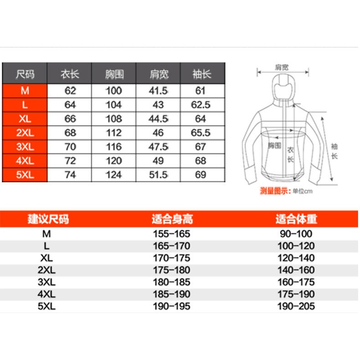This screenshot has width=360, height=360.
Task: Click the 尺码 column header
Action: [25, 74]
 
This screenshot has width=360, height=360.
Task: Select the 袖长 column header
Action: [202, 74]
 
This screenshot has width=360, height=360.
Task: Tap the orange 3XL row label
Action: [25, 147]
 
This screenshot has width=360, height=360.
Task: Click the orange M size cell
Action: [25, 91]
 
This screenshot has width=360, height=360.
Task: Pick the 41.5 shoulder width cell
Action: [159, 91]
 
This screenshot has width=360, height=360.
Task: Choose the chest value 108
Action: [113, 119]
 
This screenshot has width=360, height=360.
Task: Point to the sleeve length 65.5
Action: [201, 133]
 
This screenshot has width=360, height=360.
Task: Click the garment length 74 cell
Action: [70, 175]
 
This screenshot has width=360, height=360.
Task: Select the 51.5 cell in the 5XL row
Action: [159, 175]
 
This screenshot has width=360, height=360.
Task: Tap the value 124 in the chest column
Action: [113, 175]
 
